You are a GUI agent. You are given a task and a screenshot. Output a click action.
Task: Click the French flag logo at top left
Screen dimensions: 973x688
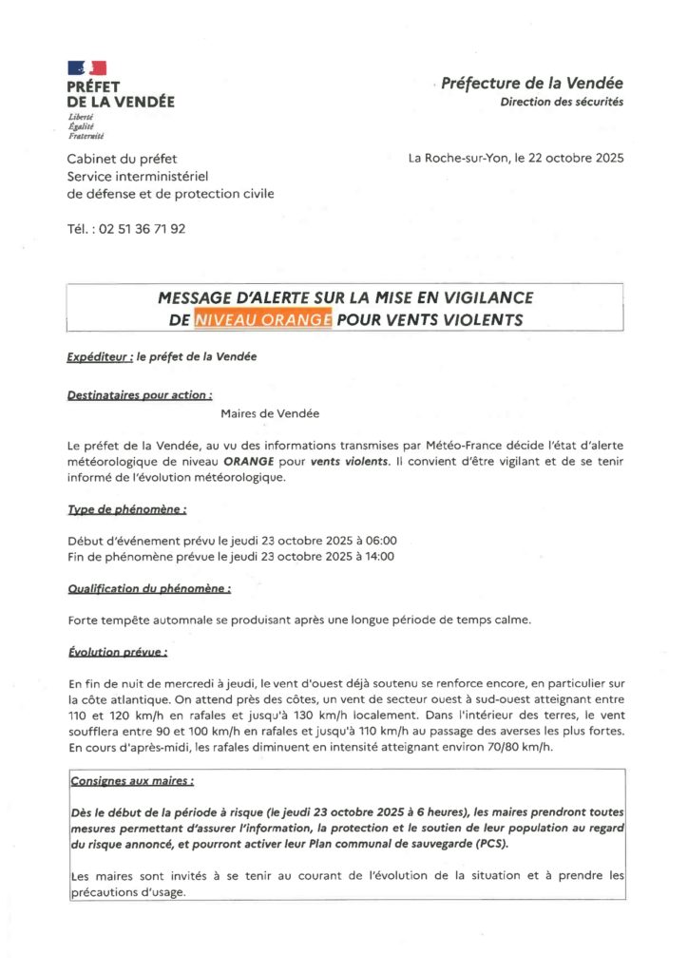(86, 67)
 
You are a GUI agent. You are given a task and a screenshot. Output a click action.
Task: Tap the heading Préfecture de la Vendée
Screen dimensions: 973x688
(533, 86)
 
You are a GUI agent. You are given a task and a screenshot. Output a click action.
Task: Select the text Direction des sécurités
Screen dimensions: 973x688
(562, 103)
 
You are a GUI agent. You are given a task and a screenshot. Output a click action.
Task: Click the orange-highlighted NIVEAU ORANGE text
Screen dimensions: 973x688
(263, 320)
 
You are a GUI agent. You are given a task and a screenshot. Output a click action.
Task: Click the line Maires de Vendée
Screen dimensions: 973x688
(270, 413)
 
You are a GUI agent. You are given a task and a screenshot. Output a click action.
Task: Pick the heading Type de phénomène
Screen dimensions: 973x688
(126, 509)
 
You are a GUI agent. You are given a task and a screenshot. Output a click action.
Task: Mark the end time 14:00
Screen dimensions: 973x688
(374, 557)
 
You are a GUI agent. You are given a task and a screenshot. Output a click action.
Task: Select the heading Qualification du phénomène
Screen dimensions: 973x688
(149, 589)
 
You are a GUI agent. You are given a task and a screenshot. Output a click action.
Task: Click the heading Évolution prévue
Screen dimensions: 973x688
(118, 653)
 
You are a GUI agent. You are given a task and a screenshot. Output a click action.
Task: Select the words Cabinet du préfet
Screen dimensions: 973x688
(122, 159)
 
